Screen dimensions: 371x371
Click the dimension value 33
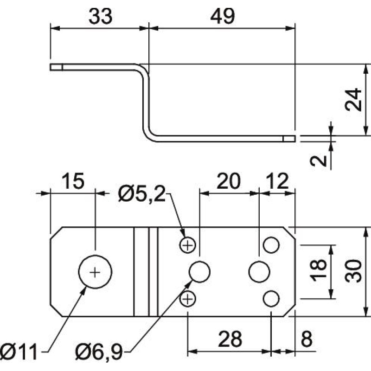[100, 16]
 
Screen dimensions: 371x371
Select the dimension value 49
[223, 16]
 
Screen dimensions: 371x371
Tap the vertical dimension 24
[353, 99]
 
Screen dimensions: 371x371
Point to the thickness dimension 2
[318, 161]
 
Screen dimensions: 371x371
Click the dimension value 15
[73, 181]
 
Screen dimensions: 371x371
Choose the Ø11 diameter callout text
[19, 352]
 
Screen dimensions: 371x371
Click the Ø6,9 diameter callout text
[99, 352]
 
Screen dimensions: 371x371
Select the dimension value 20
[228, 181]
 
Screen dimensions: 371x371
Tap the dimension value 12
[277, 181]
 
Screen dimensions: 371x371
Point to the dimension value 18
[318, 270]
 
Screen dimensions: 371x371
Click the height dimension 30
[353, 271]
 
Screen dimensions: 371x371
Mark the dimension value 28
[230, 339]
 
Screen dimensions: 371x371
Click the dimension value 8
[307, 339]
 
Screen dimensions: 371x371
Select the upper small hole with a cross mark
[188, 245]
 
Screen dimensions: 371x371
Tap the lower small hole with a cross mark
[188, 299]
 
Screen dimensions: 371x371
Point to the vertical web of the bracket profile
[146, 102]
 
